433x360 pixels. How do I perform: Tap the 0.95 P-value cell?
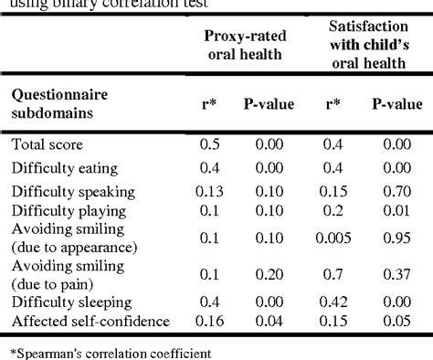coord(397,238)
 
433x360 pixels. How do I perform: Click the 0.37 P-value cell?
coord(397,275)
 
